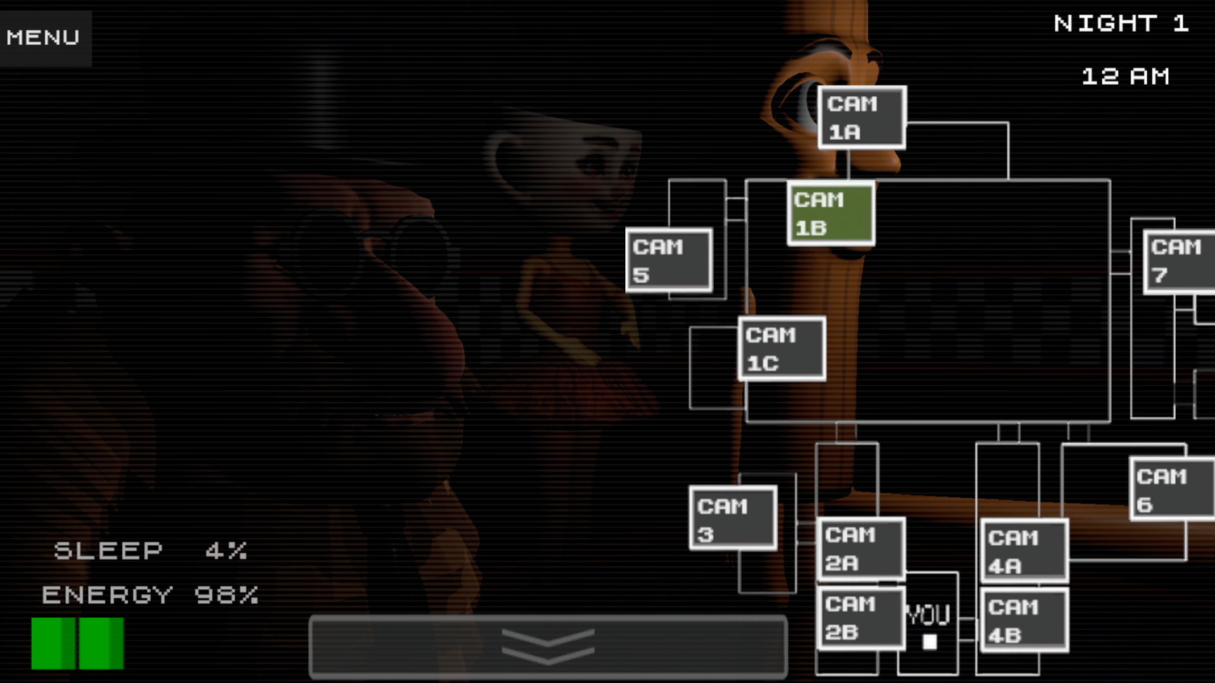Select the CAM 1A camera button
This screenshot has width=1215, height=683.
(861, 118)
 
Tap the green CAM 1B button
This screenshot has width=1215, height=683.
(831, 214)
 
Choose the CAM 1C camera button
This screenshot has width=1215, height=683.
(782, 348)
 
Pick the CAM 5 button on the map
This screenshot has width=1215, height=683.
(669, 261)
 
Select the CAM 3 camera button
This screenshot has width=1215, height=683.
(733, 518)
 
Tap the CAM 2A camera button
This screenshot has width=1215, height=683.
(861, 549)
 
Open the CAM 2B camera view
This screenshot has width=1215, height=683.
(861, 618)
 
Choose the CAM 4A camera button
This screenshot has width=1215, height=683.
(1024, 551)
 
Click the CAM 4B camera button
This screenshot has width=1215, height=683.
(1024, 620)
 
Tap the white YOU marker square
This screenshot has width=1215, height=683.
(930, 642)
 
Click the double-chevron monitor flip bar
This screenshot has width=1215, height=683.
(548, 646)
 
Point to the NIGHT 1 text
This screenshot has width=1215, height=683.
(1121, 24)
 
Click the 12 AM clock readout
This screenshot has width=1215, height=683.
(1125, 77)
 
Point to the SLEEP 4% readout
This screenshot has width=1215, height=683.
(151, 551)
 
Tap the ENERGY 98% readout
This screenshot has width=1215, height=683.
(151, 595)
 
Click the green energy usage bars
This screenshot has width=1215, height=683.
(78, 643)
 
